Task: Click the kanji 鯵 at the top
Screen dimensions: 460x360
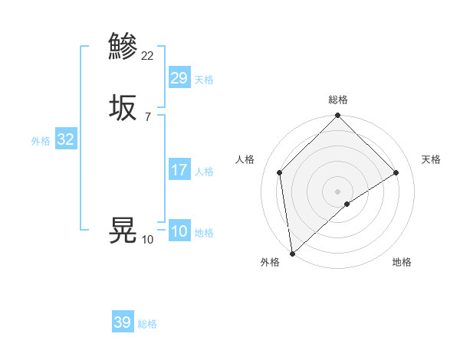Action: click(123, 46)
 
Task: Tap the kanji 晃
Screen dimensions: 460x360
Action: click(123, 230)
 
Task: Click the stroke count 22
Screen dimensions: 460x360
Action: click(148, 55)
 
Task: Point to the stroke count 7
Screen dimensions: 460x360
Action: click(148, 117)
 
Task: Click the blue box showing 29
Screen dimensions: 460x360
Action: click(179, 78)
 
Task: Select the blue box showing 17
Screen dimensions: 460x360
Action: click(179, 170)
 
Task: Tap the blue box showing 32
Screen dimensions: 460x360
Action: click(65, 139)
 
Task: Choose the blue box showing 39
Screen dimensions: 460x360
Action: click(123, 322)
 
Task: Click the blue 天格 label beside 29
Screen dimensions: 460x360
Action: click(204, 80)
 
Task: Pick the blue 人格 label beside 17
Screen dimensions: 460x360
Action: click(204, 172)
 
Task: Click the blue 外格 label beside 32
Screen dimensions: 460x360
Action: click(41, 141)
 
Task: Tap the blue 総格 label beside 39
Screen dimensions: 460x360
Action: click(147, 324)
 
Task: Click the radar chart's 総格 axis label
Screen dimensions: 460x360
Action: click(338, 100)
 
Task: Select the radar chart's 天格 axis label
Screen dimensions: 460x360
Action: click(432, 159)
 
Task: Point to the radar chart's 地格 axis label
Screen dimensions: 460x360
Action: click(402, 262)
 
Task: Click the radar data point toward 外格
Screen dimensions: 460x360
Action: click(292, 254)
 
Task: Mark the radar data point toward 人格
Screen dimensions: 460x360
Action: click(280, 172)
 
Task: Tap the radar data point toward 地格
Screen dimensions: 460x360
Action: click(347, 204)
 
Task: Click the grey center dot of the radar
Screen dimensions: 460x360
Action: click(338, 191)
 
